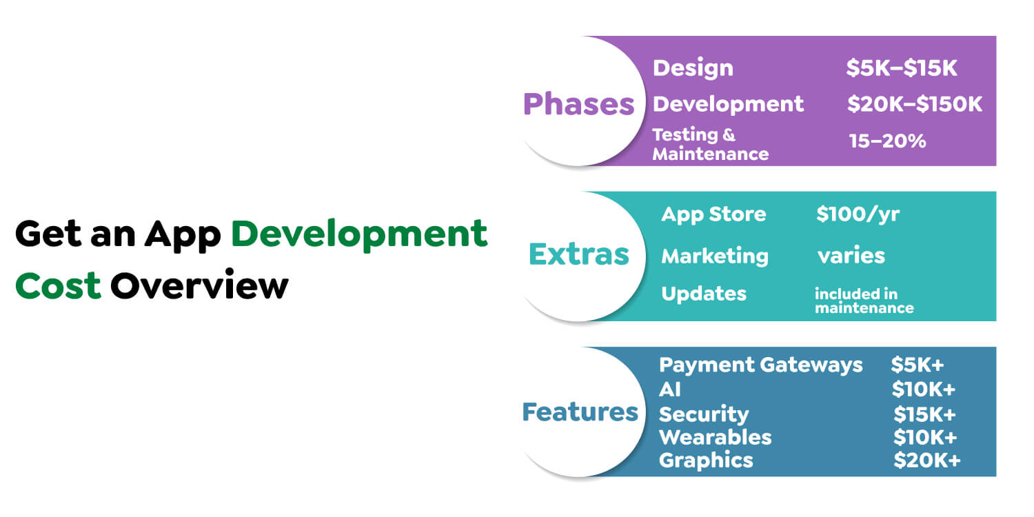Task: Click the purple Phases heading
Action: coord(578,103)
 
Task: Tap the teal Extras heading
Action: coord(578,254)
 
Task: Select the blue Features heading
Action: coord(580,412)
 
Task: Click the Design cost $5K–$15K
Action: coord(902,68)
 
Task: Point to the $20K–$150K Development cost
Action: coord(914,104)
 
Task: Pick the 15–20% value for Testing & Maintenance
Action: coord(887,141)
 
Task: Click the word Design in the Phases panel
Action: coord(692,68)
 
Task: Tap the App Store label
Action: coord(713,214)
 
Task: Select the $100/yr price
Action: coord(858,214)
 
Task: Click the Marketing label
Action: coord(714,256)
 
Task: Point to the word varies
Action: coord(851,256)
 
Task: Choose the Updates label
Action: coord(703,293)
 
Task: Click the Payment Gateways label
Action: coord(760,365)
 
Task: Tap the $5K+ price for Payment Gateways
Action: coord(916,365)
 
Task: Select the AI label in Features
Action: coord(669,389)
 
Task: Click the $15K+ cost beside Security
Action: coord(924,414)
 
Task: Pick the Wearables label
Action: coord(715,437)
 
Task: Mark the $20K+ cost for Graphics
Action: coord(926,460)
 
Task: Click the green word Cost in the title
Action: coord(58,285)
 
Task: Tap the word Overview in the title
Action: coord(199,285)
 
